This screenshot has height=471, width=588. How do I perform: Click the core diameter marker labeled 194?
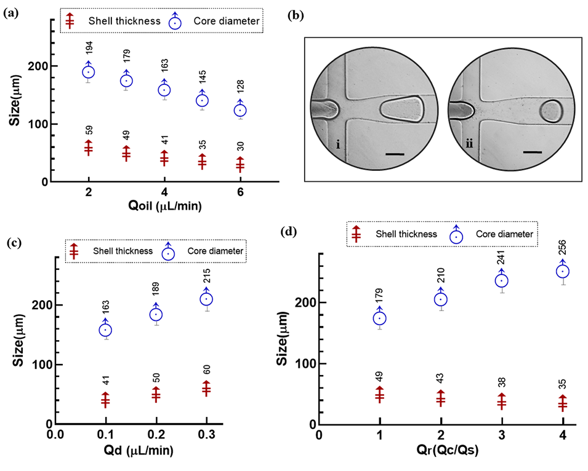coord(89,72)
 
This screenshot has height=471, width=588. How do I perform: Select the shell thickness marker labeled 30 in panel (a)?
coord(240,165)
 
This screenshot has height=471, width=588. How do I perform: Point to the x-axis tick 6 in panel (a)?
coord(240,192)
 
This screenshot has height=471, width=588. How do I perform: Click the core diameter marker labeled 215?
coord(206,299)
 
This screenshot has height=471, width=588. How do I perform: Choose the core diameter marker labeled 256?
coord(563,271)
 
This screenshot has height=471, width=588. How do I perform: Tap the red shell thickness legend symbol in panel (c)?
coord(74,251)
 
